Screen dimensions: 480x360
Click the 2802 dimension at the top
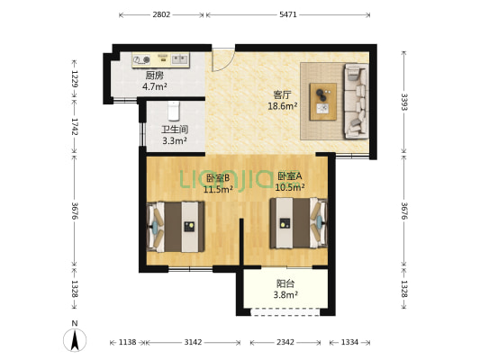tap(161, 14)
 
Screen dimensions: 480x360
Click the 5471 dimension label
tap(288, 14)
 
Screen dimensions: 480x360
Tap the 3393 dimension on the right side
tap(404, 102)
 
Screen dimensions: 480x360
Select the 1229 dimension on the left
tap(75, 79)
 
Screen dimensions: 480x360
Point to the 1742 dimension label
tap(75, 126)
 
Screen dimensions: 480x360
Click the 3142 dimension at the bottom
tap(193, 342)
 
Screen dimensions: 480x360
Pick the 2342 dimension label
tap(285, 342)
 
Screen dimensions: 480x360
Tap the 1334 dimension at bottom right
tap(349, 342)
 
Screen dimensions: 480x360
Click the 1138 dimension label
tap(127, 342)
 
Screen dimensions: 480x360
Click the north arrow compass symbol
tap(75, 340)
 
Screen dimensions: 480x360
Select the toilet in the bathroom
tap(174, 111)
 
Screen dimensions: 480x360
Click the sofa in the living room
tap(356, 101)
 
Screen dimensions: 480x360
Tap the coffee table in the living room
tap(323, 102)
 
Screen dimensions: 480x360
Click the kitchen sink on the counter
tap(179, 58)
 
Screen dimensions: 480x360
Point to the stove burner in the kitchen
tap(146, 59)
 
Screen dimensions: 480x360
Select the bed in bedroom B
tap(176, 227)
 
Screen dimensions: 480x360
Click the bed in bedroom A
tap(298, 223)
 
